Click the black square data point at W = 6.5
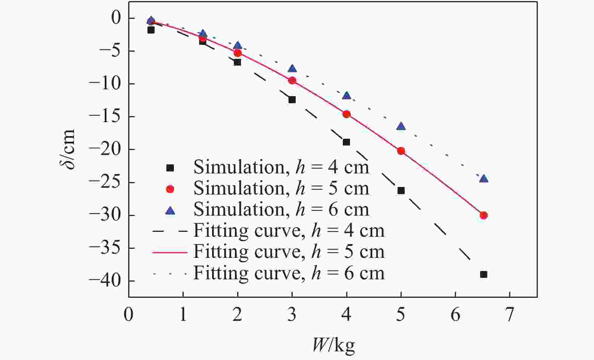coord(483,274)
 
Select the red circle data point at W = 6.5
coord(483,215)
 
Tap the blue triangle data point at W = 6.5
coord(483,179)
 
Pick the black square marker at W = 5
coord(401,191)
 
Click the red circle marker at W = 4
coord(347,114)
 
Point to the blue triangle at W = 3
coord(292,69)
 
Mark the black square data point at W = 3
coord(292,100)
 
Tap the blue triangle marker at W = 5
coord(401,126)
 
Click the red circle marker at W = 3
coord(292,80)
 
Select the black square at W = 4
coord(346,142)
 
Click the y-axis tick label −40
coord(106,281)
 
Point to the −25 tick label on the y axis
coord(106,182)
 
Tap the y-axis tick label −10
coord(106,84)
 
